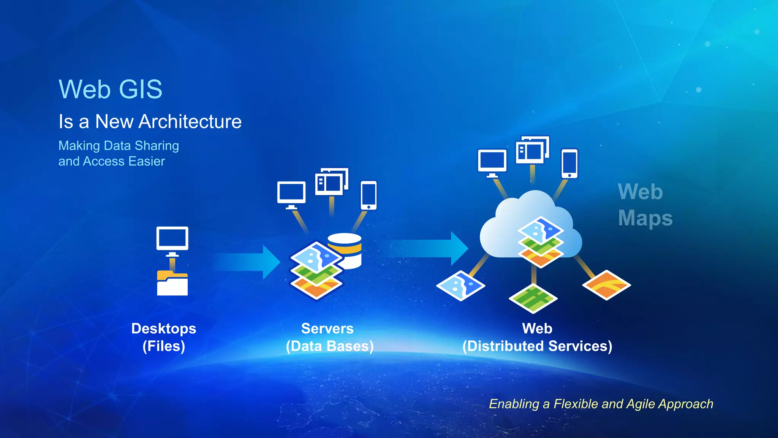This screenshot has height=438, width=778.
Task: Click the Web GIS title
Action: (110, 89)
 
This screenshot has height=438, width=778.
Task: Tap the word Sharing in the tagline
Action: (157, 146)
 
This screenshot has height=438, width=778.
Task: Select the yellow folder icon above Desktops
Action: (172, 283)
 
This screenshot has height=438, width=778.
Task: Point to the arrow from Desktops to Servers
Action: (247, 262)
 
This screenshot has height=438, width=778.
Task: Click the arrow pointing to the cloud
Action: (429, 248)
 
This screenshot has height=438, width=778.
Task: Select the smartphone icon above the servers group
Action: (368, 195)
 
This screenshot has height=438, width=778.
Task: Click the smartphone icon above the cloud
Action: (569, 163)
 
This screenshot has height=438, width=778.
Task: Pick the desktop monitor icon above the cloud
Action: (492, 163)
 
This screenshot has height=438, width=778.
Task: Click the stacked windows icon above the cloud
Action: (532, 150)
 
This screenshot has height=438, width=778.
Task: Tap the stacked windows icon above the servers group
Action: (331, 182)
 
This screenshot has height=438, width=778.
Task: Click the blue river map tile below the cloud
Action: (460, 286)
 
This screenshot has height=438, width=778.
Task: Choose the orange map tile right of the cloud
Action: (606, 285)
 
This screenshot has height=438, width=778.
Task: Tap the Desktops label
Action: (164, 328)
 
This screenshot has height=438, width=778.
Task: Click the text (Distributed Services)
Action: (537, 346)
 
